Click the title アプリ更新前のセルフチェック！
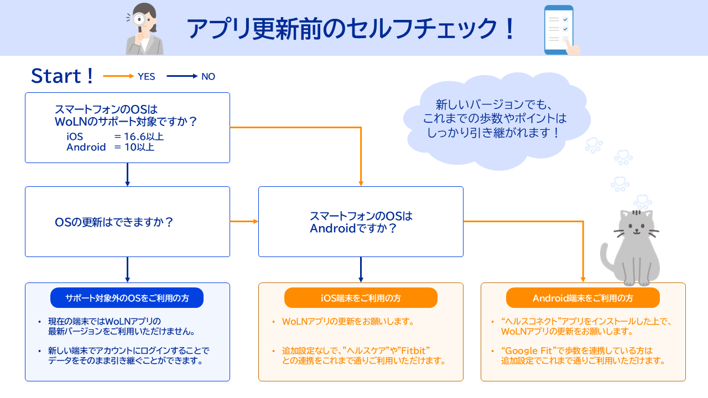(x=351, y=29)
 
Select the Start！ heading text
(x=63, y=76)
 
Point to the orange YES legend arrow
(x=118, y=76)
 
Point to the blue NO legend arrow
(x=182, y=76)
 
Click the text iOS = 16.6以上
(x=114, y=137)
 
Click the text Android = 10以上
(x=110, y=147)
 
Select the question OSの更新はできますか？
(x=114, y=222)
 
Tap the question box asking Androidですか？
(x=361, y=222)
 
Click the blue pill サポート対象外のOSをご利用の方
(x=127, y=298)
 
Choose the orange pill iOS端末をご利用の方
(x=361, y=298)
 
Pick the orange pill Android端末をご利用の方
(x=582, y=298)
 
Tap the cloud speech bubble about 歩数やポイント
(x=494, y=118)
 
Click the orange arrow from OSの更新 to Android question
(x=244, y=222)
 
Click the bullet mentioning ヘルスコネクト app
(x=581, y=326)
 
